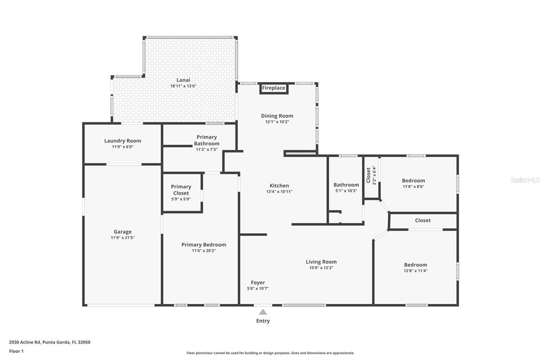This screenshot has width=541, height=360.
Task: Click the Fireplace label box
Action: [274, 88]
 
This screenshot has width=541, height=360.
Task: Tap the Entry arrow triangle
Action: [263, 312]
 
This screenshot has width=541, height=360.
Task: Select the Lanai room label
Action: [183, 80]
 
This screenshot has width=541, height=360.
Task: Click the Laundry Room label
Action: [123, 141]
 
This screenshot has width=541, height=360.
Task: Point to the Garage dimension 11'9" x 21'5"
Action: [123, 238]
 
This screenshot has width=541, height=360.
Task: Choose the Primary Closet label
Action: [181, 190]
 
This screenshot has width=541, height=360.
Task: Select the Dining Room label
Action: [277, 116]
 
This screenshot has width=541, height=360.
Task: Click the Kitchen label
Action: [279, 185]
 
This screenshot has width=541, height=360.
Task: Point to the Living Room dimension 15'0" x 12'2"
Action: [321, 268]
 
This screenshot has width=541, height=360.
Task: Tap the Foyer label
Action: [258, 282]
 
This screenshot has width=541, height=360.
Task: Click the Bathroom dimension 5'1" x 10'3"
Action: [346, 191]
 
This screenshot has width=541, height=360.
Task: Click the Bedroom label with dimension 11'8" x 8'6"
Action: [414, 181]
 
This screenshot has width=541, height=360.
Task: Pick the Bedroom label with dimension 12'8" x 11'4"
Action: [415, 265]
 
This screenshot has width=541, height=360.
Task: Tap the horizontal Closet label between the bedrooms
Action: [423, 220]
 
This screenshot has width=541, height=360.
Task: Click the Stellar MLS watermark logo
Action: [525, 180]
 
